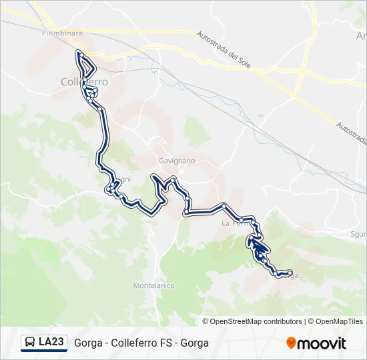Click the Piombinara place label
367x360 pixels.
pyautogui.click(x=62, y=33)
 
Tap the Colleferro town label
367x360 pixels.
pyautogui.click(x=84, y=81)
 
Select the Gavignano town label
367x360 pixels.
pyautogui.click(x=177, y=161)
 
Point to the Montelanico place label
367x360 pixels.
pyautogui.click(x=153, y=285)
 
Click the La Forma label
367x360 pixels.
pyautogui.click(x=236, y=224)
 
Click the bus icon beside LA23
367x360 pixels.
pyautogui.click(x=30, y=343)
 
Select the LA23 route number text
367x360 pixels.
pyautogui.click(x=51, y=343)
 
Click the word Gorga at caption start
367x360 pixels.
pyautogui.click(x=88, y=343)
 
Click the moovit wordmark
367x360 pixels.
pyautogui.click(x=322, y=343)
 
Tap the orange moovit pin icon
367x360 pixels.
pyautogui.click(x=291, y=343)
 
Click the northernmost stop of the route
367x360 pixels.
pyautogui.click(x=79, y=53)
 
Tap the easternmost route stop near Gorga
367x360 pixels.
pyautogui.click(x=289, y=272)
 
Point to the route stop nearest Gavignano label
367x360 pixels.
pyautogui.click(x=173, y=179)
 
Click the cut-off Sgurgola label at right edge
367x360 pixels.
pyautogui.click(x=359, y=234)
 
